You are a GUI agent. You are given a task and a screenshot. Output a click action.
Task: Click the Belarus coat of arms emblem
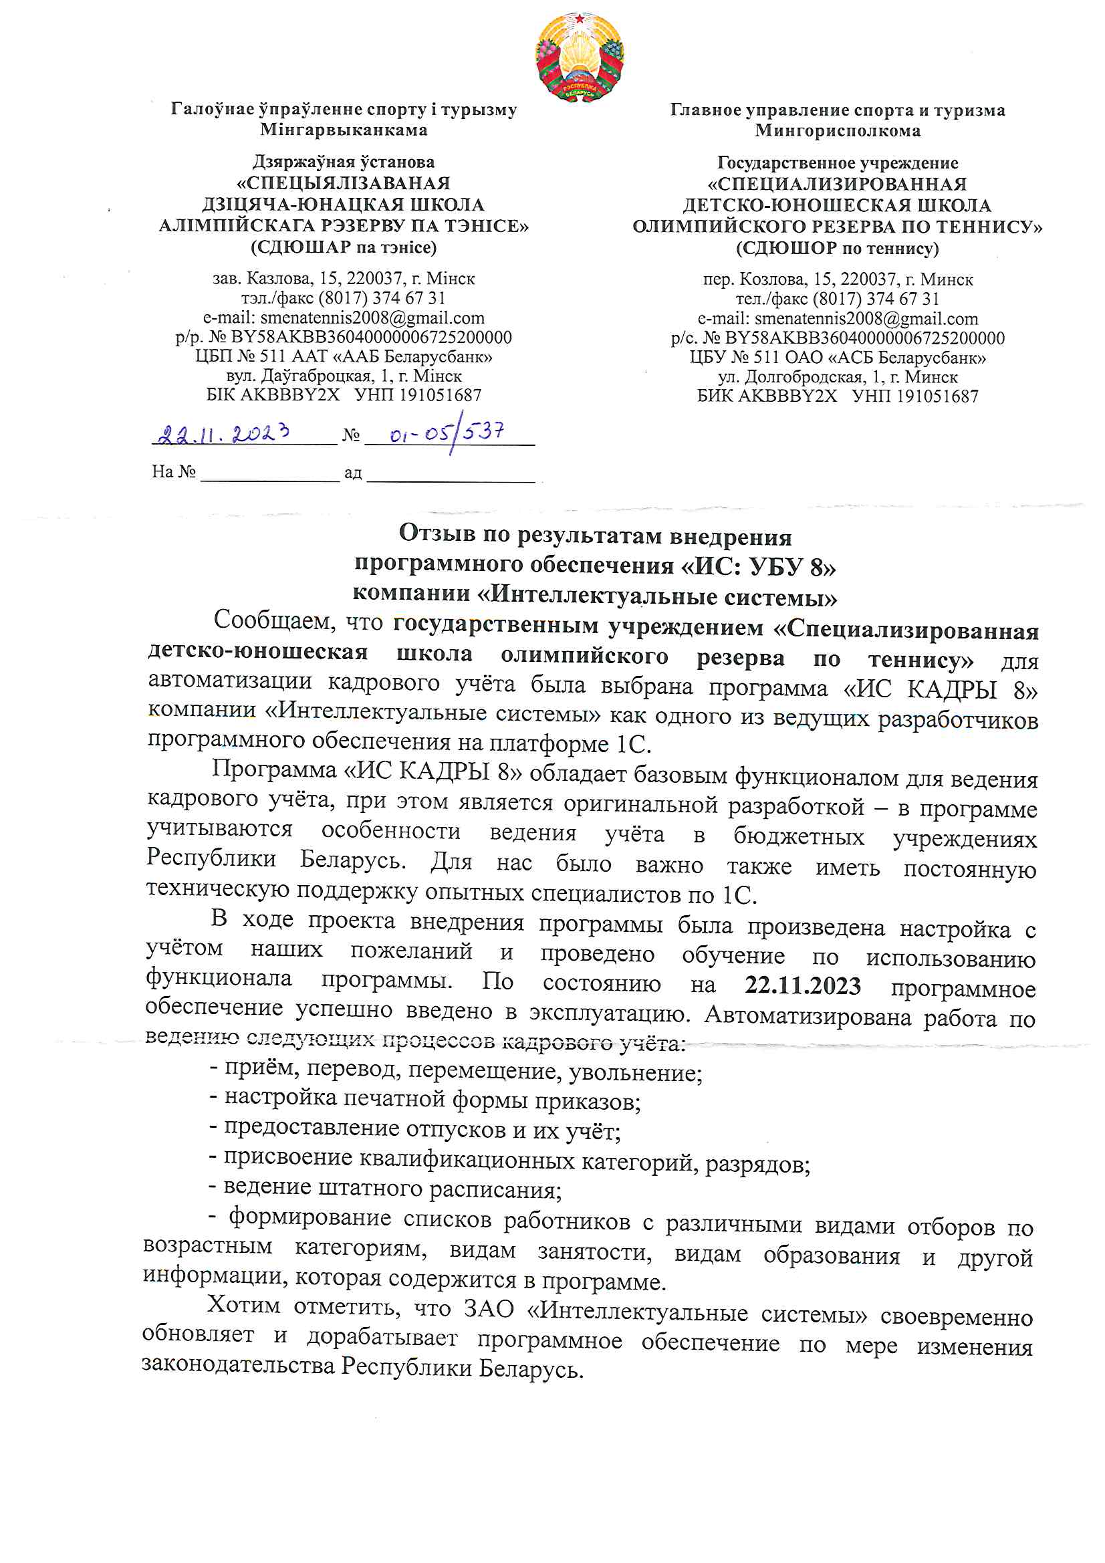[580, 57]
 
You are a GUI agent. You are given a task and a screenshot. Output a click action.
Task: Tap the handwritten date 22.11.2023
[224, 434]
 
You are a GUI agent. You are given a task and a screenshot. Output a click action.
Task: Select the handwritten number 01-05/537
[447, 433]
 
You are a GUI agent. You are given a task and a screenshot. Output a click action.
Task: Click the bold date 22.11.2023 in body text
[803, 985]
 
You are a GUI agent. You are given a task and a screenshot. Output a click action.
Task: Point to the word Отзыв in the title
[435, 533]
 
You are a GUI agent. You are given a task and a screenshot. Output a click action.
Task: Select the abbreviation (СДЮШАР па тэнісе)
[344, 247]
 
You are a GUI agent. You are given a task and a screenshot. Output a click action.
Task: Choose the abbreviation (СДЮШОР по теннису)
[837, 248]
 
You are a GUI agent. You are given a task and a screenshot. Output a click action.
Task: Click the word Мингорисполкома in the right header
[838, 131]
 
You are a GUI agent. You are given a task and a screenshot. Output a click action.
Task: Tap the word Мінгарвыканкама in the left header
[344, 129]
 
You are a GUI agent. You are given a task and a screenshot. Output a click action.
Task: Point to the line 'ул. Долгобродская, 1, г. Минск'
[838, 377]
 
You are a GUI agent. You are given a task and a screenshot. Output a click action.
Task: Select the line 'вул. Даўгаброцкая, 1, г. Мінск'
[344, 376]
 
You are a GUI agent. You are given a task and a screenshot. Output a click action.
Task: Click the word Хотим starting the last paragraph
[243, 1305]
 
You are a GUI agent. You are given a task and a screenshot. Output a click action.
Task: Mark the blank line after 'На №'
[269, 473]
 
